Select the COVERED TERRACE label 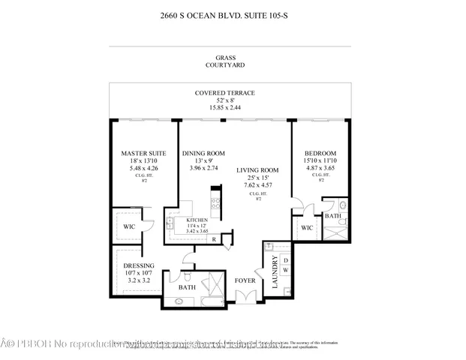coord(225,93)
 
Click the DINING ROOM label coord(203,154)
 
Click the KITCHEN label coord(187,220)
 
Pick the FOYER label coord(245,281)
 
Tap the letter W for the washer coord(284,270)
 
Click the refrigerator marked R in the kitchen coord(214,238)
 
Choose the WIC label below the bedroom coord(306,227)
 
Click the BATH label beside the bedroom coord(332,216)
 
